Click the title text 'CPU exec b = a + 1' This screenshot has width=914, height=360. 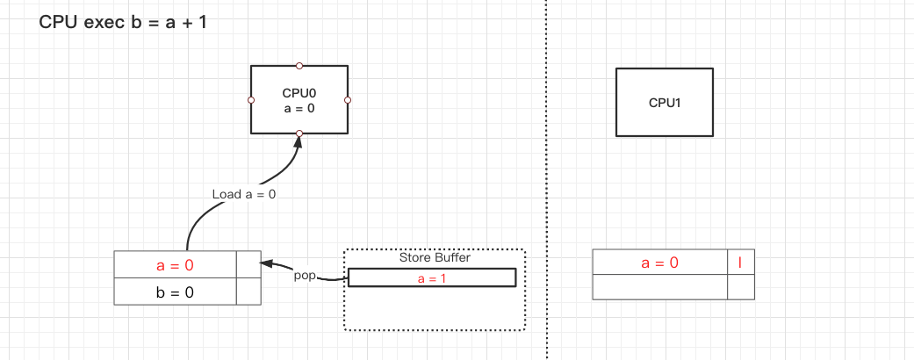[123, 22]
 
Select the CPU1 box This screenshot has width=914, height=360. [665, 102]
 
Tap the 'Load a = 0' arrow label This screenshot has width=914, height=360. [244, 194]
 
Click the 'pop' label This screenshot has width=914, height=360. [305, 275]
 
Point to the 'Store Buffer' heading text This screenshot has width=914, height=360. [435, 257]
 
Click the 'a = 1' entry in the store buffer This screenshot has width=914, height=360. [431, 277]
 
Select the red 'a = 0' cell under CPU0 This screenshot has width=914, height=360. [176, 265]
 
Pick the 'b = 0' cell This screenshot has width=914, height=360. [176, 292]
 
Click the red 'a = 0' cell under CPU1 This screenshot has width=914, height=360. [660, 262]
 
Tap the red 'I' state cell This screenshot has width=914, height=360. [741, 262]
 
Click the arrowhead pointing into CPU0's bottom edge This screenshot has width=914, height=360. [299, 141]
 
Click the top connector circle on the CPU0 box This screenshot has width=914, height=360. [299, 66]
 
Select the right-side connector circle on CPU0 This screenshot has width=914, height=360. [348, 100]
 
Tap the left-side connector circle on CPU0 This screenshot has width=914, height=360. [251, 100]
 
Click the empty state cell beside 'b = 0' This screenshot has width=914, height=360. [249, 292]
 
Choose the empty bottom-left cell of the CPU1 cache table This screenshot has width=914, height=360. [660, 287]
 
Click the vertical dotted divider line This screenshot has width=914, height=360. [546, 176]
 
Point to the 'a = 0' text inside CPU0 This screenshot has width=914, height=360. [299, 108]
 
